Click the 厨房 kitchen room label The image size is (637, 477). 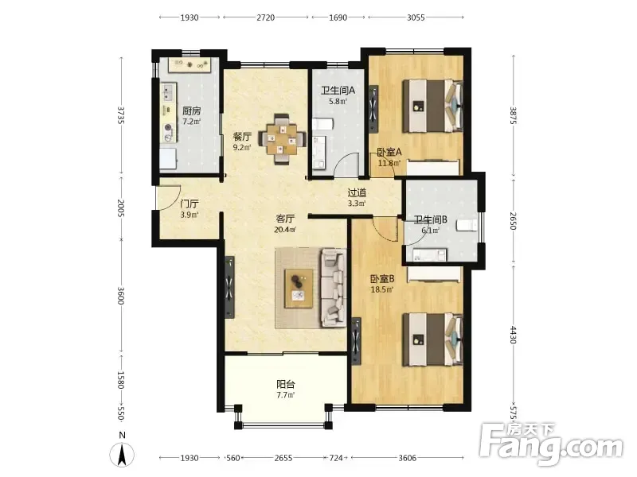[x=191, y=111]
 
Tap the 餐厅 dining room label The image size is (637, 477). [x=242, y=136]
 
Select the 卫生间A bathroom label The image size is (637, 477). [x=338, y=90]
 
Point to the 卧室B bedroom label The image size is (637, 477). [x=382, y=279]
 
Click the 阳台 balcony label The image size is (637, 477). [x=286, y=384]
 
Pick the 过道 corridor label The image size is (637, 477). [x=357, y=192]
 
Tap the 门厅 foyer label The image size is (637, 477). [x=190, y=204]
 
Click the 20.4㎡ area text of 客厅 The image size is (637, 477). [x=285, y=230]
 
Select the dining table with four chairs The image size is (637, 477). [x=282, y=139]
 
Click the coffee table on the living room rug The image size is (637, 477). [x=299, y=289]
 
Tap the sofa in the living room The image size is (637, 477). [x=334, y=288]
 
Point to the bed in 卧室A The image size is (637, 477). [x=432, y=106]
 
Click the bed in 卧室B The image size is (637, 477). [x=432, y=339]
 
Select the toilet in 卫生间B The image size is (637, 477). [x=467, y=225]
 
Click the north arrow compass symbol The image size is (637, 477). [x=122, y=454]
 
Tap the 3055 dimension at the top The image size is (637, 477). [x=416, y=17]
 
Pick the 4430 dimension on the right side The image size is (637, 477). [x=514, y=335]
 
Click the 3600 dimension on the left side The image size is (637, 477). [x=121, y=296]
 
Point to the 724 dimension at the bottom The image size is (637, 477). [x=336, y=458]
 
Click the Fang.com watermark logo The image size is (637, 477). [x=551, y=444]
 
